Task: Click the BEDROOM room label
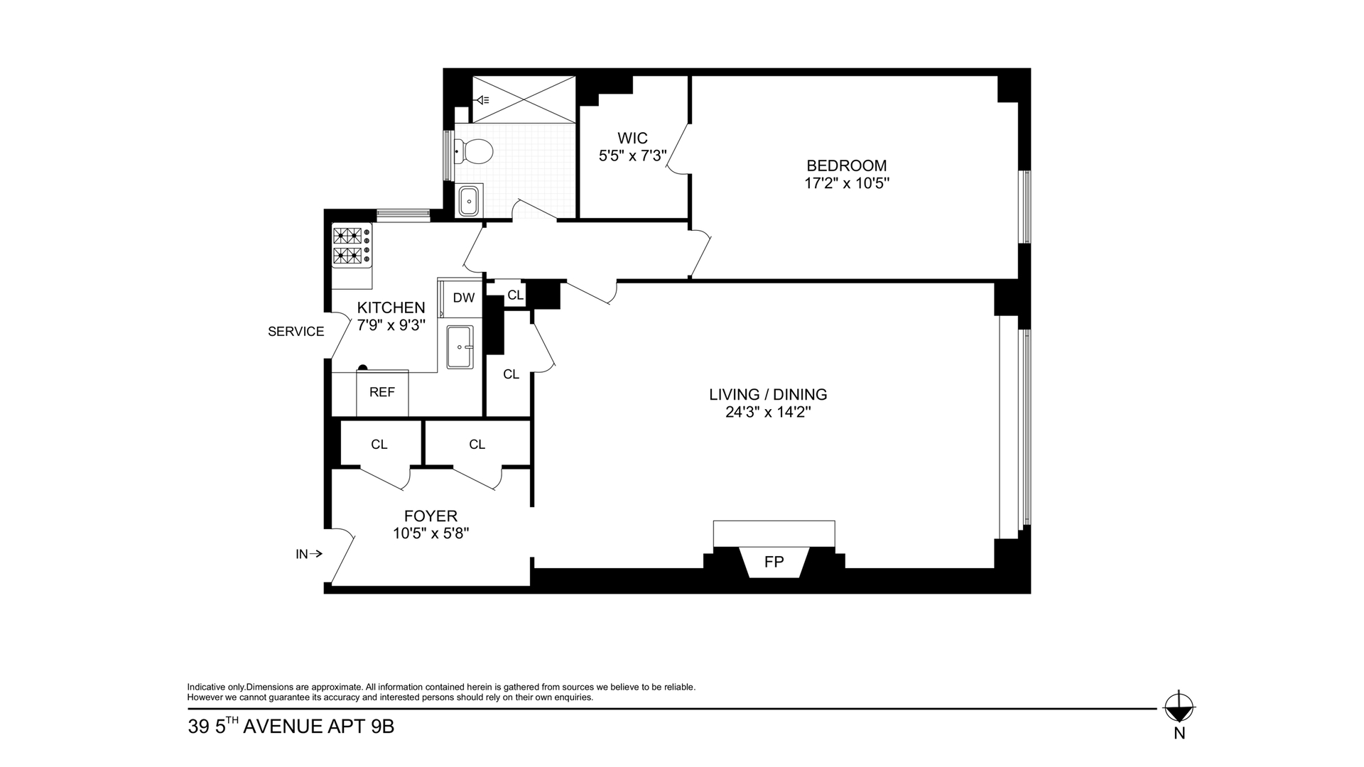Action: pos(846,165)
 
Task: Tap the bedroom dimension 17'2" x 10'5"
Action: pos(847,183)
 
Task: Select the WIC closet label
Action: pos(632,138)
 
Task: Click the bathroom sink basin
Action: pos(469,200)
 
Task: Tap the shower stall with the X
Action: pos(524,99)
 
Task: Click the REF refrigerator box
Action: pos(382,393)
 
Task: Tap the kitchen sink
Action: pos(460,347)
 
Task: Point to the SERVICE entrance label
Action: pos(296,332)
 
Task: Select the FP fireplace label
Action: pos(774,562)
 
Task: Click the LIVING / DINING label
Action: pos(768,394)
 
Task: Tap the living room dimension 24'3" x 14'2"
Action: pos(768,413)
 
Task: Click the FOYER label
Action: pos(431,516)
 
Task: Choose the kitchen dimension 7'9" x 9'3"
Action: pos(391,325)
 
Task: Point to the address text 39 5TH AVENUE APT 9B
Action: pos(291,727)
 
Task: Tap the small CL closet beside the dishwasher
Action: pos(516,295)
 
